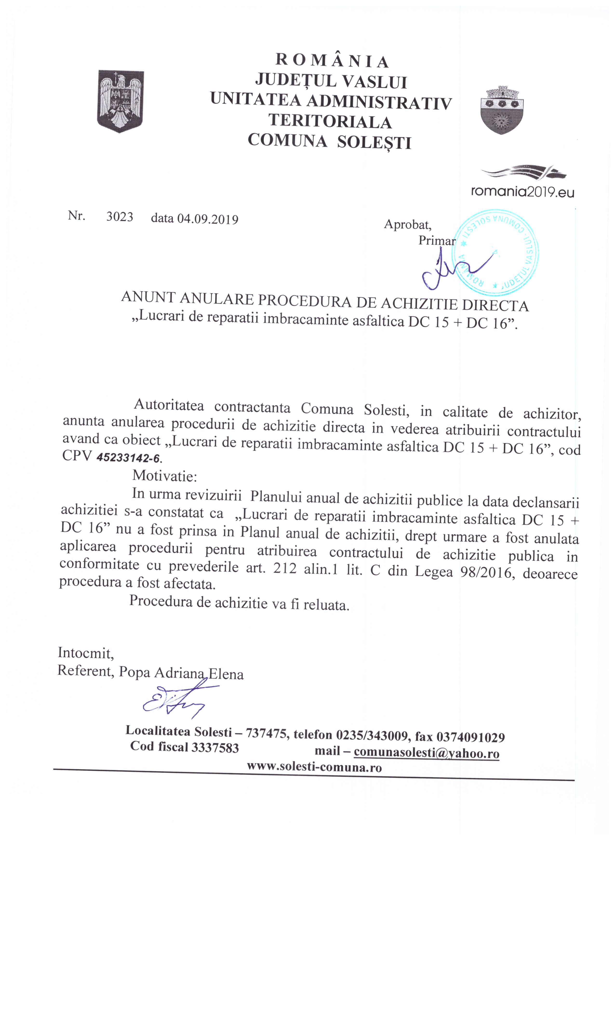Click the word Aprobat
pos(407,224)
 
